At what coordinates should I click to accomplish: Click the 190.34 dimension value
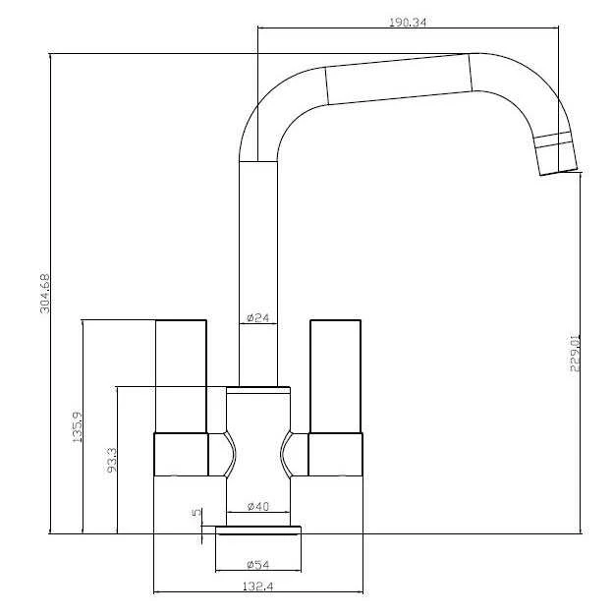point(406,21)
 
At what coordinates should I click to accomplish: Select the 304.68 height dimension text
point(43,293)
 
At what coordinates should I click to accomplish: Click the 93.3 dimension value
point(111,461)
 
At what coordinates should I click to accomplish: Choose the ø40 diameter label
point(258,506)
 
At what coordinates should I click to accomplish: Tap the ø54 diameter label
point(258,564)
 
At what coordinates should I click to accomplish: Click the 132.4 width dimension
point(258,586)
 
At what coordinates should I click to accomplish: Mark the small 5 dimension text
point(196,512)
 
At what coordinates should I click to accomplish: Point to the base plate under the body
point(258,531)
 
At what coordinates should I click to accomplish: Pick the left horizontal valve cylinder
point(182,455)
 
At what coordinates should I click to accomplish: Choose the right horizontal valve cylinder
point(336,455)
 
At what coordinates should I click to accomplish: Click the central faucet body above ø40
point(258,442)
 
